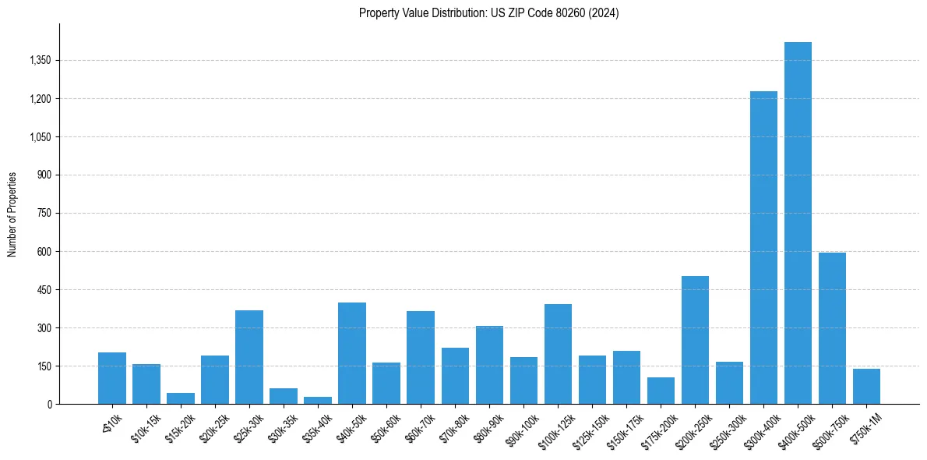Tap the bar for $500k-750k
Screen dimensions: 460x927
pos(832,328)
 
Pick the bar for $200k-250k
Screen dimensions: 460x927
pos(695,340)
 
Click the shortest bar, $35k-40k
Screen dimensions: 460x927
pos(318,400)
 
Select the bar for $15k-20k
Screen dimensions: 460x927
pos(181,398)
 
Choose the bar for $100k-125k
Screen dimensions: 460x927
pos(558,354)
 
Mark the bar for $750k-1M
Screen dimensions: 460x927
pos(866,387)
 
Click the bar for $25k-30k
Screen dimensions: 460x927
pos(249,357)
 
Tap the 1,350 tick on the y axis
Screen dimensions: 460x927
pos(39,61)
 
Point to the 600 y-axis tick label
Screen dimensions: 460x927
pos(44,252)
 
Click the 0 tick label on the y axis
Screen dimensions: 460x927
pos(48,405)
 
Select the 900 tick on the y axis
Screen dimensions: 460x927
pos(44,175)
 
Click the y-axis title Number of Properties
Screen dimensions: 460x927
pos(12,214)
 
